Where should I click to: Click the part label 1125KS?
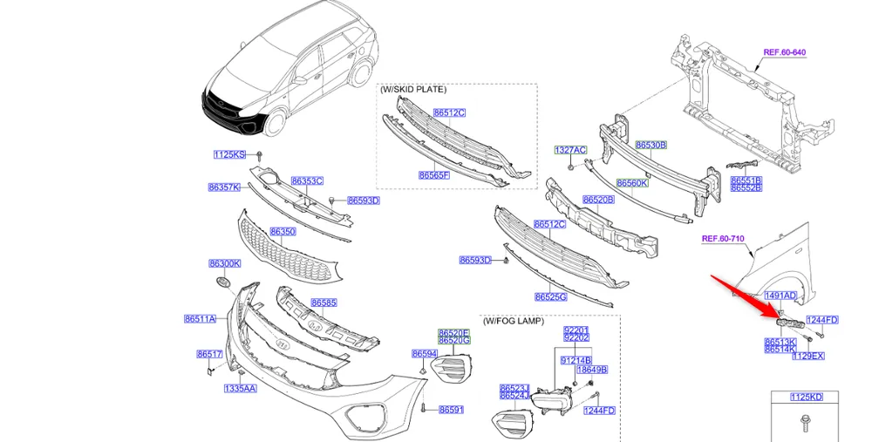[x=229, y=154]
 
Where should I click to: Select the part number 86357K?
[x=224, y=187]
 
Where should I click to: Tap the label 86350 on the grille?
[x=283, y=232]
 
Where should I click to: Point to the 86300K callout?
[x=224, y=263]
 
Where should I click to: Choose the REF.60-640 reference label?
[x=784, y=52]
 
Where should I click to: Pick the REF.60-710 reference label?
[x=723, y=238]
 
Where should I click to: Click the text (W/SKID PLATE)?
[x=413, y=89]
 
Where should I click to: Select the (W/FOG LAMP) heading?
[x=514, y=321]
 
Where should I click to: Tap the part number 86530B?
[x=651, y=146]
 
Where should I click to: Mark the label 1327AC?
[x=570, y=150]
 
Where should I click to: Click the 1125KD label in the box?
[x=806, y=398]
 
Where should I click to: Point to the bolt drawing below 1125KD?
[x=803, y=424]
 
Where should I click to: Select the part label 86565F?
[x=433, y=175]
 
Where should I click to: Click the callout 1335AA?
[x=240, y=388]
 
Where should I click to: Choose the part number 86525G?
[x=550, y=297]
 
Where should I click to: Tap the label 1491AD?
[x=780, y=296]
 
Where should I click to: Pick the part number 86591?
[x=451, y=410]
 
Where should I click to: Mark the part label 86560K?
[x=632, y=183]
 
